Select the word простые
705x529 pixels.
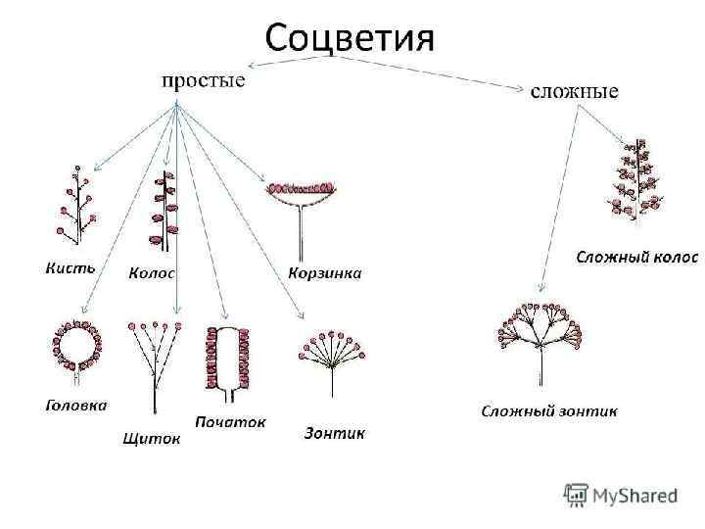(x=203, y=79)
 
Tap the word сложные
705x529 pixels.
(x=574, y=91)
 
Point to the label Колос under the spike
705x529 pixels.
(x=153, y=273)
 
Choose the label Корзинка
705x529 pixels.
(x=325, y=272)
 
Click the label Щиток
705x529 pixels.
(x=151, y=439)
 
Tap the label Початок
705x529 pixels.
(x=231, y=422)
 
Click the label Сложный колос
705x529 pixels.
(x=636, y=257)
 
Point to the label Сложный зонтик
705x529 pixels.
(x=548, y=410)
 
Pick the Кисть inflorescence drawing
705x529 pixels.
(x=74, y=205)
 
